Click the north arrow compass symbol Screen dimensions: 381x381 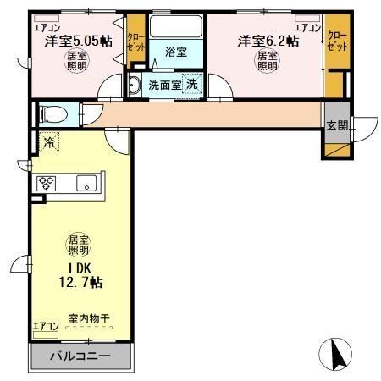(336, 352)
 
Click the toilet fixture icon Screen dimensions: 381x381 (52, 113)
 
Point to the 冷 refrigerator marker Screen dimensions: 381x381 (50, 143)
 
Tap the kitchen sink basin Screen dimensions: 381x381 (86, 183)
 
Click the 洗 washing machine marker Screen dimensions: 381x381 (193, 84)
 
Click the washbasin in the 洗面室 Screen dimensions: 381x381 (135, 84)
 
